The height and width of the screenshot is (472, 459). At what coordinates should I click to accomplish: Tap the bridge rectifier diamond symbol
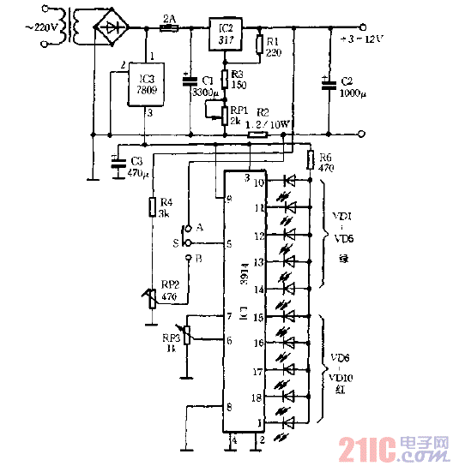[x=109, y=27]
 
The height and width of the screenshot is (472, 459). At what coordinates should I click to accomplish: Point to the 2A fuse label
[x=169, y=16]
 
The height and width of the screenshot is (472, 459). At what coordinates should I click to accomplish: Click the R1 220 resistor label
[x=274, y=45]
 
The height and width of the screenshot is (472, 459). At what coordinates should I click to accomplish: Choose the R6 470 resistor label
[x=325, y=163]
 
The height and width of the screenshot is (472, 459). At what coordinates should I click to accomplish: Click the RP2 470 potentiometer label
[x=168, y=290]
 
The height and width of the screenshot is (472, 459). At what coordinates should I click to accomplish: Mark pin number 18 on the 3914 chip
[x=257, y=398]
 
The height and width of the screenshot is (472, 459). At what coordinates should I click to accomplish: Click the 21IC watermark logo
[x=394, y=449]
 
